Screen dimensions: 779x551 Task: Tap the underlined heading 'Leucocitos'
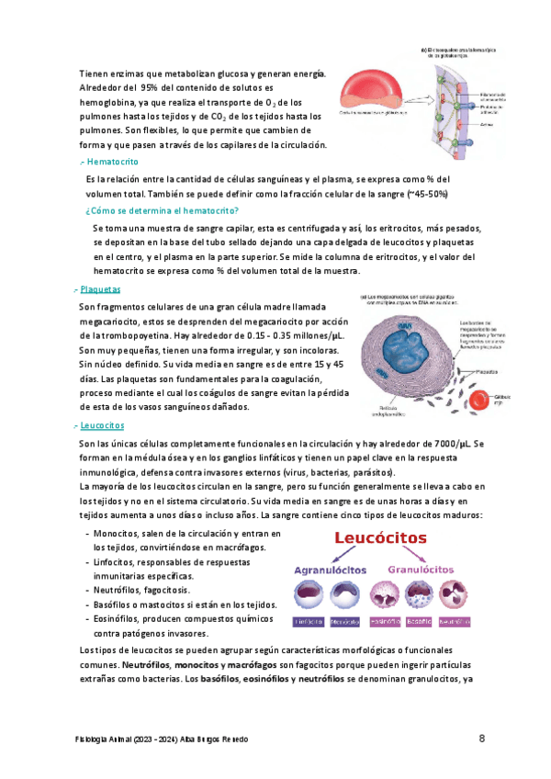pyautogui.click(x=103, y=426)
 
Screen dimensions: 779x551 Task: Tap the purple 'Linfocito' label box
pyautogui.click(x=308, y=622)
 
